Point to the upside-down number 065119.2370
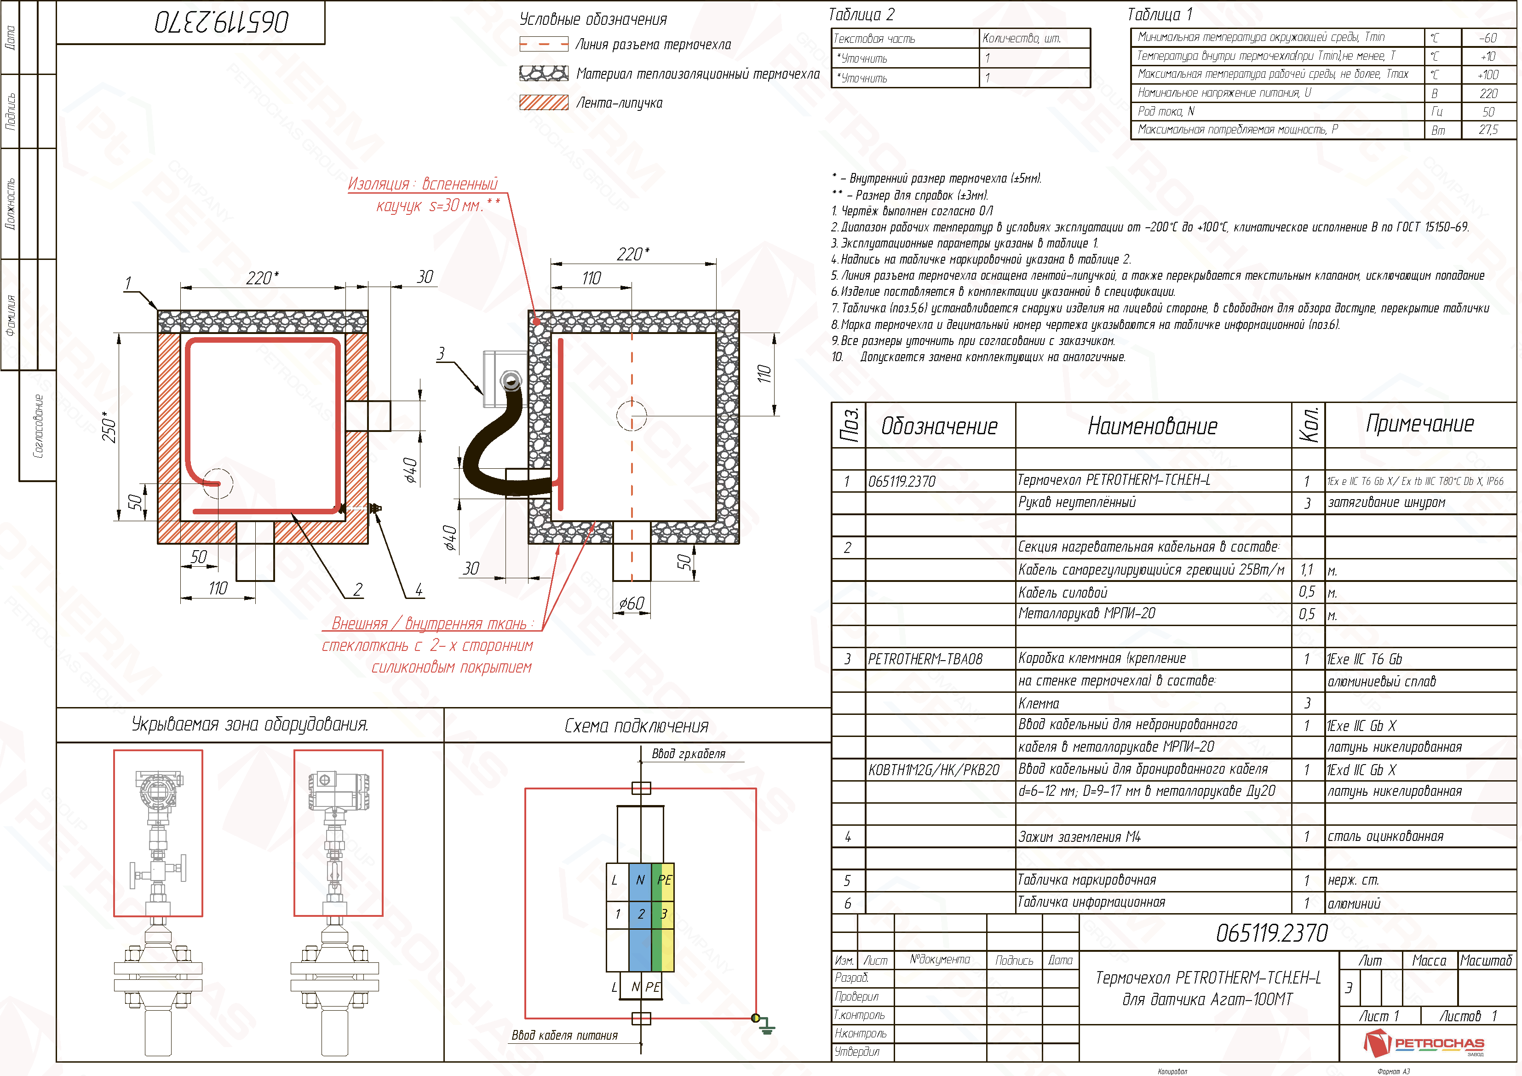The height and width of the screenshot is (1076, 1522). [x=223, y=23]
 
